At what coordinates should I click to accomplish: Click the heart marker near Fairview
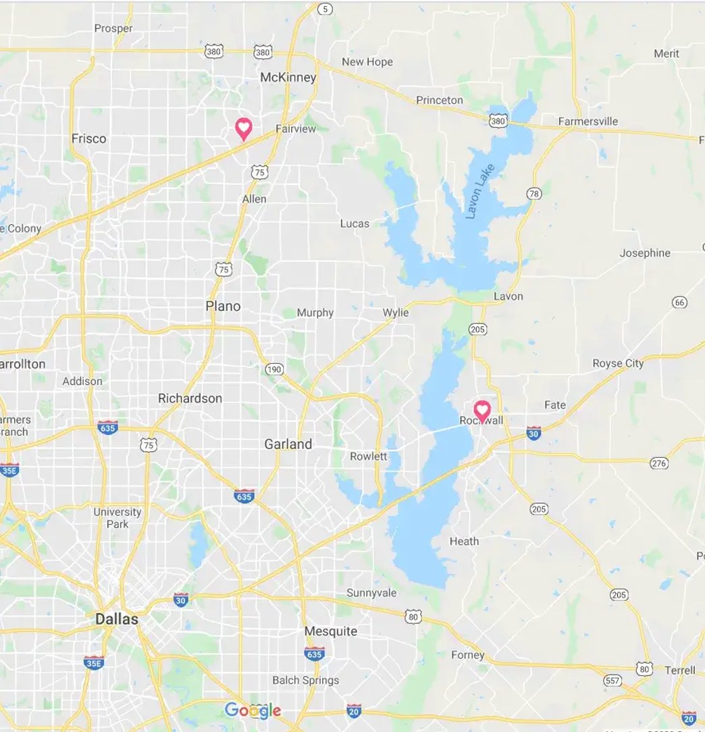click(243, 127)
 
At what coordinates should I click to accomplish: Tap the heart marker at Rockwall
click(481, 409)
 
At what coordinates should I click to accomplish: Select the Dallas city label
click(117, 619)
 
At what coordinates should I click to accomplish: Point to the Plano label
click(223, 307)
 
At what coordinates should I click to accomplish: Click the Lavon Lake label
click(480, 191)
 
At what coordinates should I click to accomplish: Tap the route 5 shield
click(326, 9)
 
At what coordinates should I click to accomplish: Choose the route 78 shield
click(534, 194)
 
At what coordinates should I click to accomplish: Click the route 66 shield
click(679, 302)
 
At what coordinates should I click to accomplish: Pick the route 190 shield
click(273, 369)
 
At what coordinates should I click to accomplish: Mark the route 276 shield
click(659, 463)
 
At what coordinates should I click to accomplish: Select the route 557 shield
click(612, 680)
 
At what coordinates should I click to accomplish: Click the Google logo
click(253, 710)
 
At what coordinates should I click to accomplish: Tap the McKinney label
click(288, 78)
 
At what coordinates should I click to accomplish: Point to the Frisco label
click(88, 138)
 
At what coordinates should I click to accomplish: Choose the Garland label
click(288, 444)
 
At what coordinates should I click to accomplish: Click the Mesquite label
click(330, 631)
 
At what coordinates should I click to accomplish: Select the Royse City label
click(618, 363)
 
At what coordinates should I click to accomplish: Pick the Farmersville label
click(587, 122)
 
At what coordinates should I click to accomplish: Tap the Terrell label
click(679, 670)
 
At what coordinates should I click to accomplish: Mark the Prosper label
click(113, 28)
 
